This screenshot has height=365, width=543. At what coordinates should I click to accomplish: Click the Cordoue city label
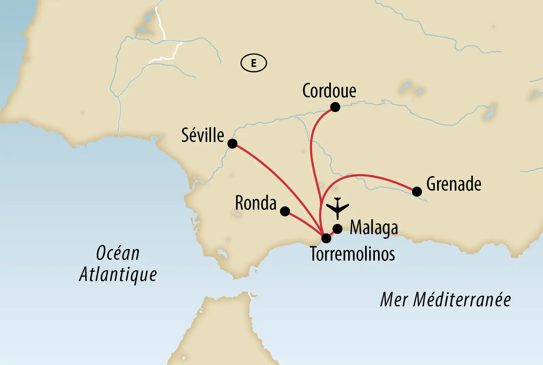[x=329, y=91]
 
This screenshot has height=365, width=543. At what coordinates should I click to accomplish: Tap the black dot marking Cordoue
[x=335, y=107]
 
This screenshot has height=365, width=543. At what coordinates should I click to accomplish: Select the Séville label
[x=203, y=136]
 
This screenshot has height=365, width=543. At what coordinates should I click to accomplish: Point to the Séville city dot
[x=232, y=143]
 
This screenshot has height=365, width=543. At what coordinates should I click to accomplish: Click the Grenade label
[x=454, y=184]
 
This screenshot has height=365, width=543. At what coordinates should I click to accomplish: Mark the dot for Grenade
[x=417, y=192]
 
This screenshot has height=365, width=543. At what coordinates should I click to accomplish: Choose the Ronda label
[x=256, y=203]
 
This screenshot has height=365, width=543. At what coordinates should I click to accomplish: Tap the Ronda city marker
[x=285, y=211]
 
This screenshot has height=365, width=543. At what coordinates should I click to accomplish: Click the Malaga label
[x=374, y=228]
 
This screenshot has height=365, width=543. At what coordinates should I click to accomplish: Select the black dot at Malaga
[x=337, y=229]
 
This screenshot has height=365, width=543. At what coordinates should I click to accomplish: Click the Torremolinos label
[x=353, y=254]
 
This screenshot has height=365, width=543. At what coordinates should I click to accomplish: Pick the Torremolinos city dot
[x=326, y=238]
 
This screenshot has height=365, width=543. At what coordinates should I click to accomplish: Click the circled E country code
[x=254, y=63]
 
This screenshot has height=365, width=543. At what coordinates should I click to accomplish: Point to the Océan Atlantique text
[x=118, y=264]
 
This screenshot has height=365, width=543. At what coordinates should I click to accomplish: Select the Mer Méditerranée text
[x=445, y=300]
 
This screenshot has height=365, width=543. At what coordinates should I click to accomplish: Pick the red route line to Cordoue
[x=311, y=146]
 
